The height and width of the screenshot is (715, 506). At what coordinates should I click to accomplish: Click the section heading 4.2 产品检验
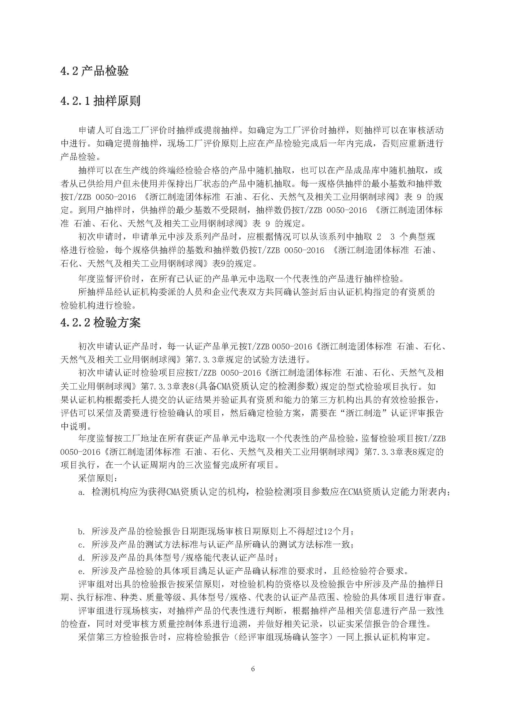95,71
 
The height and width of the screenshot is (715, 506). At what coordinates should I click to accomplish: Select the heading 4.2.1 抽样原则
100,101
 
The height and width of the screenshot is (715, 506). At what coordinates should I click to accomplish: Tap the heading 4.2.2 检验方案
100,322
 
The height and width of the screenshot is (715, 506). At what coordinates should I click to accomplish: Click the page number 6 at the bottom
253,669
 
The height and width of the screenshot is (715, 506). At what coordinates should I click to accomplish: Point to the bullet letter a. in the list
82,492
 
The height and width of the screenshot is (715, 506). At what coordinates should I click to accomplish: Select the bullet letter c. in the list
82,545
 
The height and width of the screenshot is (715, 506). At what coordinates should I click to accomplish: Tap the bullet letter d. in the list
82,558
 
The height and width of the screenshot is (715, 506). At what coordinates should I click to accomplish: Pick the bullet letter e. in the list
82,571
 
